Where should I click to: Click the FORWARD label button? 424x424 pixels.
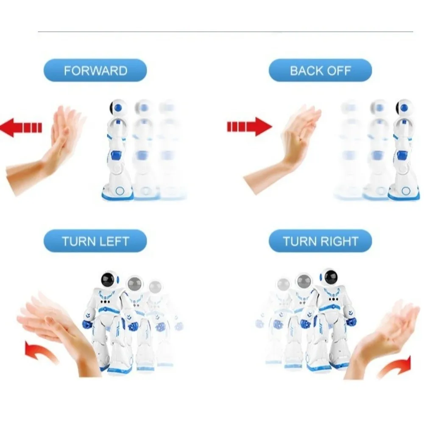pos(95,70)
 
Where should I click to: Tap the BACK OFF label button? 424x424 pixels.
pos(320,70)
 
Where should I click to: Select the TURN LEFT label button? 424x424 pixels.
pos(95,242)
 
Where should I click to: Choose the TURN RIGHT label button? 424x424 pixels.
pos(320,242)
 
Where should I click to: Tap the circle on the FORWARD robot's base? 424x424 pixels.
pos(120,190)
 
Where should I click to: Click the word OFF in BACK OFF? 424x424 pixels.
pos(339,70)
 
